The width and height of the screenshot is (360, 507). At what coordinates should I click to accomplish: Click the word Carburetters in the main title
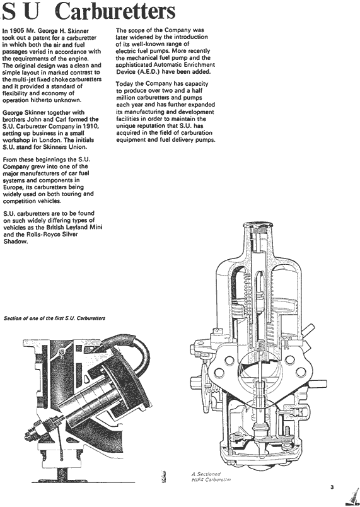click(x=115, y=12)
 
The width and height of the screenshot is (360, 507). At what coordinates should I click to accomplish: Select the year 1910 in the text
click(x=91, y=126)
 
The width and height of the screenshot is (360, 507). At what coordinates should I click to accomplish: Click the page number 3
click(x=332, y=487)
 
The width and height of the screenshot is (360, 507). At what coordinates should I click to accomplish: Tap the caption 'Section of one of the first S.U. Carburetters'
click(x=54, y=318)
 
